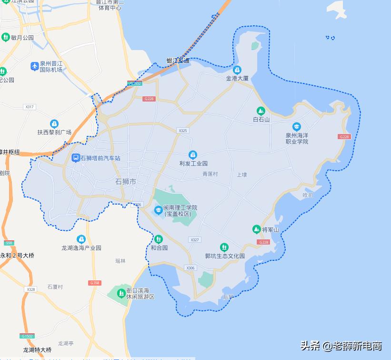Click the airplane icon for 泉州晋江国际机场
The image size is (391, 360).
tap(34, 66)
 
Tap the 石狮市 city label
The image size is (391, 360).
tap(126, 182)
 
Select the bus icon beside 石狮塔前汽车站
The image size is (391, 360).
tap(75, 158)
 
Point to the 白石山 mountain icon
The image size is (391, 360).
tap(261, 111)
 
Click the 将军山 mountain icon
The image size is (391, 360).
tap(257, 230)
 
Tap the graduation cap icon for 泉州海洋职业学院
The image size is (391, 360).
tap(297, 126)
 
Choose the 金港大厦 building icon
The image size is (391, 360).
tap(237, 70)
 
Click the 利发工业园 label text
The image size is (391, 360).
tap(193, 164)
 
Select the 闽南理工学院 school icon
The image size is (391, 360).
tap(158, 210)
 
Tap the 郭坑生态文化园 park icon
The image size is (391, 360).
tap(224, 247)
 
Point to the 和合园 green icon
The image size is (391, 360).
tap(159, 239)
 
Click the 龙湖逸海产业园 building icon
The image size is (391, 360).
tap(81, 239)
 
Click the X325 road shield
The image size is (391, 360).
tap(182, 130)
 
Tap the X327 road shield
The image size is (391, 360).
tap(194, 240)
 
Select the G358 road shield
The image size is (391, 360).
tap(95, 283)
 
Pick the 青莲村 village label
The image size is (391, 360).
tap(210, 175)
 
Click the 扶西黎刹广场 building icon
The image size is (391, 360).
tap(54, 123)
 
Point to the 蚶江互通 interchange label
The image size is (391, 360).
tap(178, 61)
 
